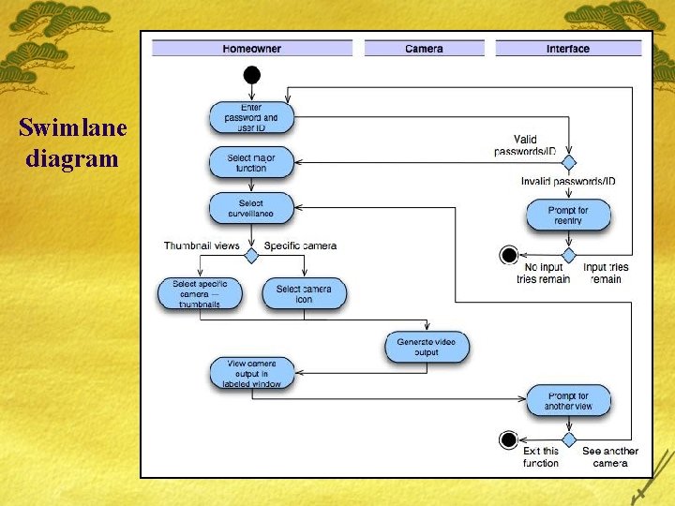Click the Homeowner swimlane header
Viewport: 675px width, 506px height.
click(x=252, y=49)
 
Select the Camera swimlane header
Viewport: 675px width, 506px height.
click(x=424, y=49)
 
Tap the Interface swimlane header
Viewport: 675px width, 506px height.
click(x=568, y=49)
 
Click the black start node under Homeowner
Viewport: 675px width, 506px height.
click(x=251, y=75)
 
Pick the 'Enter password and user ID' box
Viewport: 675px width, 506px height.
click(x=251, y=118)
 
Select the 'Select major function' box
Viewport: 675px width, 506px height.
click(x=251, y=163)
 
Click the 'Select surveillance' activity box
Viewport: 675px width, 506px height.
click(x=251, y=208)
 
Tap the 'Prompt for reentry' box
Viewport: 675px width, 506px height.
click(x=568, y=216)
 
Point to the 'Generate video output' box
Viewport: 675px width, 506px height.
click(x=427, y=348)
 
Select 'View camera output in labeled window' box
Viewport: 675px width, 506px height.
click(x=251, y=373)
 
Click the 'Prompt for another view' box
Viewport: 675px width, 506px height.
click(x=568, y=401)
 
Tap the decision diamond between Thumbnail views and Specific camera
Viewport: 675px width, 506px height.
click(x=251, y=255)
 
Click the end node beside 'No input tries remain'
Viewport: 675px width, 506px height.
click(x=509, y=255)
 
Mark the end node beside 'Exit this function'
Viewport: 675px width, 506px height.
click(x=509, y=439)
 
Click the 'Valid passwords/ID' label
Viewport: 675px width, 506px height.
click(x=525, y=145)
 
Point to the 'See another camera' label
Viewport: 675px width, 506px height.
click(x=610, y=456)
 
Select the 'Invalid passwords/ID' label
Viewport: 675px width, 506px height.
click(x=568, y=181)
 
